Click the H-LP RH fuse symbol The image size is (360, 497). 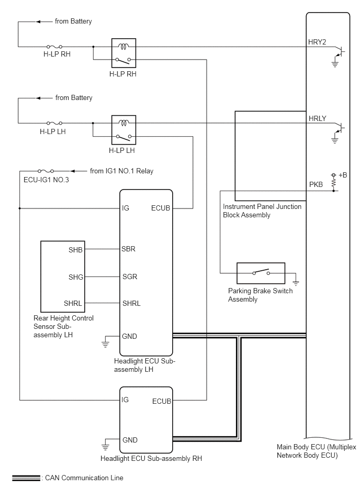(x=54, y=47)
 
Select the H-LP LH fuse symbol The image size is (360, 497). (x=54, y=123)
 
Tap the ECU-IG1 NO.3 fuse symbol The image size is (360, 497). (x=46, y=171)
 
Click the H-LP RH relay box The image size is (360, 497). (x=124, y=53)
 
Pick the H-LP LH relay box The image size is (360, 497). (x=124, y=130)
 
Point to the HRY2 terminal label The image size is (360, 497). (x=317, y=42)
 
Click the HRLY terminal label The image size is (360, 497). (x=317, y=118)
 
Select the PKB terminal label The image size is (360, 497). (x=316, y=184)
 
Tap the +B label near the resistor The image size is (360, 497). (x=343, y=175)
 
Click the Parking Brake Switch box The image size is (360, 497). (x=261, y=273)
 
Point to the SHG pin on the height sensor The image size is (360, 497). (x=76, y=277)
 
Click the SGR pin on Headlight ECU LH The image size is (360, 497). (x=130, y=277)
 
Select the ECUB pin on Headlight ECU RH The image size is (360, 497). (x=162, y=401)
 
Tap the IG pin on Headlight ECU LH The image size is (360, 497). (x=126, y=208)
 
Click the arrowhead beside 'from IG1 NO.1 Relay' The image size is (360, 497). (x=73, y=171)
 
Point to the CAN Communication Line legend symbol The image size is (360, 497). (x=26, y=478)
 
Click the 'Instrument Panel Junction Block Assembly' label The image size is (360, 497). (x=262, y=211)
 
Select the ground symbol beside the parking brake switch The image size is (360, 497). (x=296, y=282)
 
